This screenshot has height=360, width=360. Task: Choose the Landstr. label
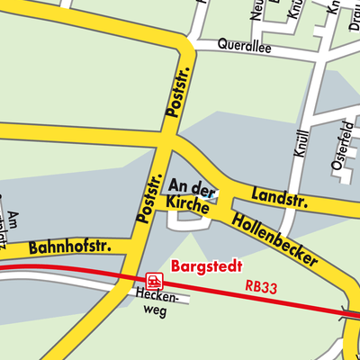click(279, 196)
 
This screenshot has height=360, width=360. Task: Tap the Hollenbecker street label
click(274, 238)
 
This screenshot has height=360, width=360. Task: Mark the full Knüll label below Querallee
click(301, 141)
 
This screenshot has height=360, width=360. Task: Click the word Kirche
click(186, 203)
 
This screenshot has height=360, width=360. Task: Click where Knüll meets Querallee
click(317, 57)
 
